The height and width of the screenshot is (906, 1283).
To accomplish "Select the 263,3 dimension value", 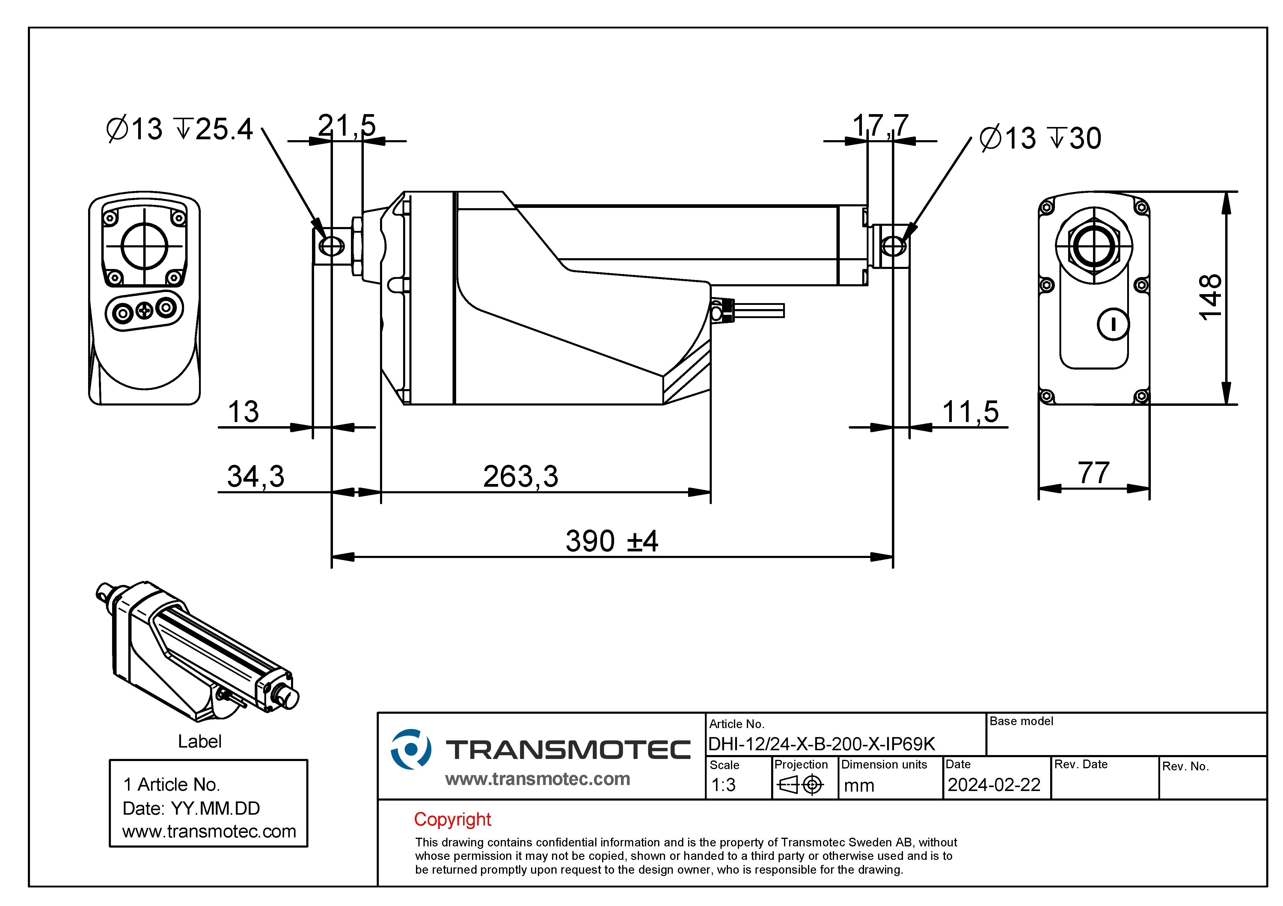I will [x=520, y=477].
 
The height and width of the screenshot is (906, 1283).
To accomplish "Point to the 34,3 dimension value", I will [x=255, y=477].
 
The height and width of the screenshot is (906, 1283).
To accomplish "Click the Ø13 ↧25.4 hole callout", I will [x=180, y=129].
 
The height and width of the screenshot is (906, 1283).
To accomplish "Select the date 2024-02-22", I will [x=993, y=785].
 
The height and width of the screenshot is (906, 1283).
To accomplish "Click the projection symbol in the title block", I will [x=800, y=785].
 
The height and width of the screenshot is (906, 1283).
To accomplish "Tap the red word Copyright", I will [x=452, y=819].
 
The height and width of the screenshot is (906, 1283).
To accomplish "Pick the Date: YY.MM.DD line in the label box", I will [x=191, y=808].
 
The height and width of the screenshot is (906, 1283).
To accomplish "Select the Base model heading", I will [x=1021, y=721].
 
